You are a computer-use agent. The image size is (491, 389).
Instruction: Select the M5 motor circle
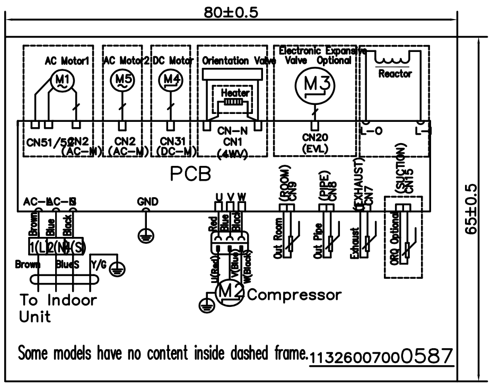coord(122,80)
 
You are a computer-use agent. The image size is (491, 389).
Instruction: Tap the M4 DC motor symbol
coord(170,80)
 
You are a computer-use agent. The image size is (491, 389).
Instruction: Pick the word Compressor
coord(293,294)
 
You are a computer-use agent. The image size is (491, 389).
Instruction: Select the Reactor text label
coord(395,74)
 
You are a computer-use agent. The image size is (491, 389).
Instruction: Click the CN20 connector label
coord(314,137)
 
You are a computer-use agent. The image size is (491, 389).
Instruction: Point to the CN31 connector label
coord(170,141)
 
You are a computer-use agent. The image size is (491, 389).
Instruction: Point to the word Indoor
coord(73,300)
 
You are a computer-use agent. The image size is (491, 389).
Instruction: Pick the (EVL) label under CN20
coord(314,149)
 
